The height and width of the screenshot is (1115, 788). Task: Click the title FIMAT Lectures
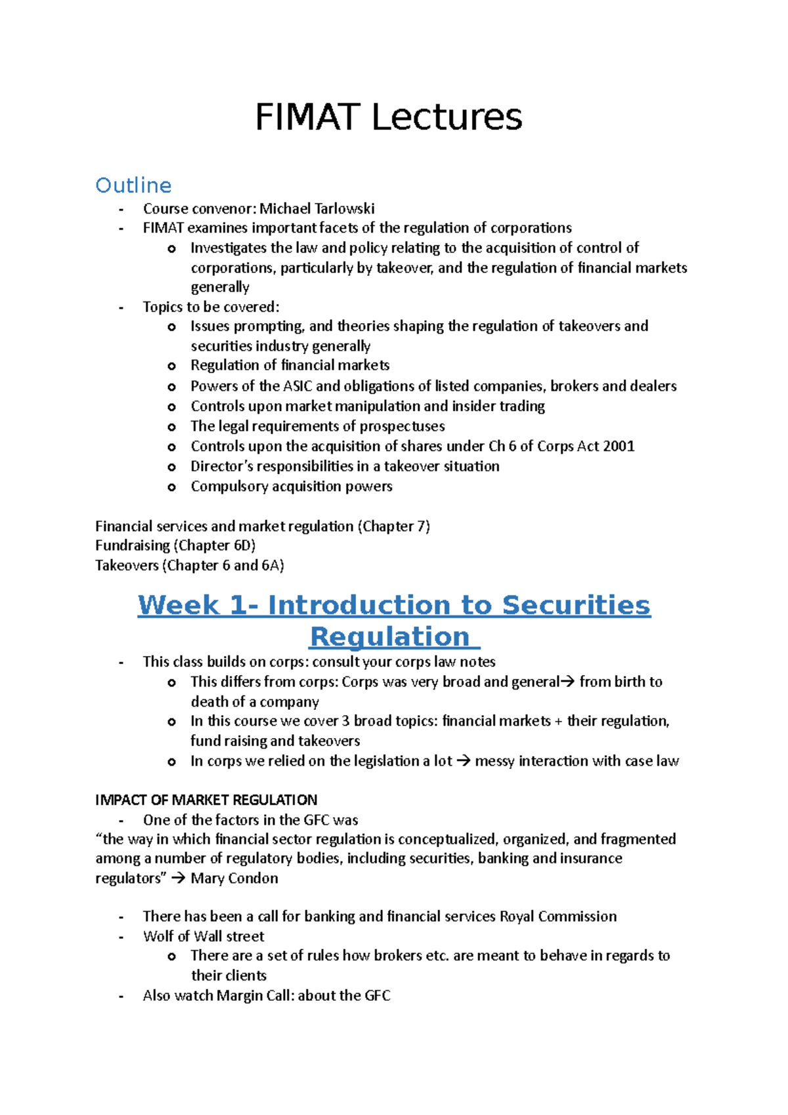(388, 118)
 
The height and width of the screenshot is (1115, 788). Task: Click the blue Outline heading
(133, 186)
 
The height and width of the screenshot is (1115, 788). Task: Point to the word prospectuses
(402, 426)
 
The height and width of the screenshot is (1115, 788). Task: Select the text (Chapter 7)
(393, 527)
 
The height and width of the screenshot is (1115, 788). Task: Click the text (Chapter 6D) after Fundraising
(214, 546)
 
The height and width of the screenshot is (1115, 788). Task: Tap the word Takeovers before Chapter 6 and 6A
(127, 565)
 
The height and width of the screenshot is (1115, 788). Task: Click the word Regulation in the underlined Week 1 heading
(390, 637)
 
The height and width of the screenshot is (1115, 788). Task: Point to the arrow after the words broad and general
(568, 682)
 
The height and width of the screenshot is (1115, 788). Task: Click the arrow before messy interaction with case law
(464, 762)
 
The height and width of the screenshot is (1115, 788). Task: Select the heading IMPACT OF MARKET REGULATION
(206, 800)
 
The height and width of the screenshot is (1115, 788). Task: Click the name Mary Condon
(234, 879)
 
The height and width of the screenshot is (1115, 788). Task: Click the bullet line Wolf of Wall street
(204, 936)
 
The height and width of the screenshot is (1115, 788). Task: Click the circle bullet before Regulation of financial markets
(172, 366)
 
